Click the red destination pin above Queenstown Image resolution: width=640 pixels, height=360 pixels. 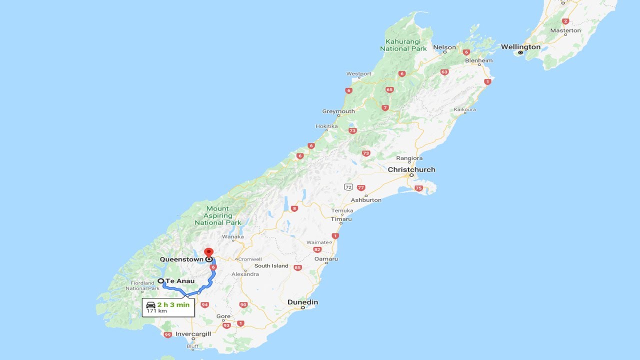click(208, 251)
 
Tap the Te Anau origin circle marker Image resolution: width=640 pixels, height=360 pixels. click(161, 281)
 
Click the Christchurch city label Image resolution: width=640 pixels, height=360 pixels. click(411, 169)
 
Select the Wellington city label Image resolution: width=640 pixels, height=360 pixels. click(520, 47)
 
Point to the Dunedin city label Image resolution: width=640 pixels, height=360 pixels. click(302, 302)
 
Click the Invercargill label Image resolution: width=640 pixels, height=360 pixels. click(193, 333)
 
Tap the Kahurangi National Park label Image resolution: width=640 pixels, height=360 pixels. click(403, 45)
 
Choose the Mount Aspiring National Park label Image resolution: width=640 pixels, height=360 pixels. click(218, 215)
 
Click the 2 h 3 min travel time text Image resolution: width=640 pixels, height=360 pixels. click(173, 304)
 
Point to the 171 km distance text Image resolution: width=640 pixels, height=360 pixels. click(156, 311)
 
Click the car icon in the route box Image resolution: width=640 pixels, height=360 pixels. click(150, 304)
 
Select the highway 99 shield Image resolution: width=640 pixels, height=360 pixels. click(167, 334)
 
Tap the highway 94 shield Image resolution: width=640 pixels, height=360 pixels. click(204, 304)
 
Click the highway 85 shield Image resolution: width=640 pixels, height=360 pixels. click(298, 267)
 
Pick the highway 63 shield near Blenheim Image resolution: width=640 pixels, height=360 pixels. click(444, 72)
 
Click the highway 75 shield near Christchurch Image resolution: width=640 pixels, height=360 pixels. click(418, 188)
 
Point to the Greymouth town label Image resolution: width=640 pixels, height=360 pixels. click(338, 111)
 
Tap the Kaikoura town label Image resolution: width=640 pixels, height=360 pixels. click(464, 109)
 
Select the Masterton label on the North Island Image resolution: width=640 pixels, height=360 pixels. click(565, 30)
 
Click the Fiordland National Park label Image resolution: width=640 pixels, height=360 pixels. click(143, 285)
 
